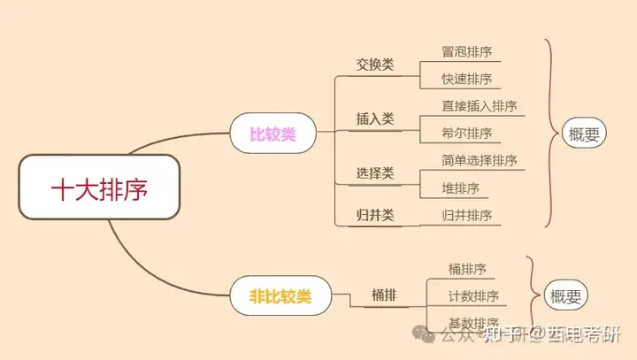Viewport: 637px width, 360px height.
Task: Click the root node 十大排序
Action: tap(99, 188)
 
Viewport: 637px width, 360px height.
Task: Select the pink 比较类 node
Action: tap(272, 134)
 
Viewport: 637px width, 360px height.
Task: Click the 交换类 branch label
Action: tap(375, 65)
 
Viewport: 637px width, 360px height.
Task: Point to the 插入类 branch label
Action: tap(375, 119)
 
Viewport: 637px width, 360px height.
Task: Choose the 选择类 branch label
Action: tap(375, 173)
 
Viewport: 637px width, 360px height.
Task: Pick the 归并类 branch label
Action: tap(375, 215)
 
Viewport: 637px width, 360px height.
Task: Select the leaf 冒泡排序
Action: tap(466, 51)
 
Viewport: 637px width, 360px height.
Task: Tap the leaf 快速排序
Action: tap(466, 79)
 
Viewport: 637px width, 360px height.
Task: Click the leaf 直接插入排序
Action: tap(479, 106)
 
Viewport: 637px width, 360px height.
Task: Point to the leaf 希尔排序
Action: tap(466, 134)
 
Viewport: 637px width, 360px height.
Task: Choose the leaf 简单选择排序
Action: tap(479, 160)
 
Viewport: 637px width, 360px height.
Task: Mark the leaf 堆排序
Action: tap(460, 188)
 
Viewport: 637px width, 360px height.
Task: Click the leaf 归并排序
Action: tap(466, 215)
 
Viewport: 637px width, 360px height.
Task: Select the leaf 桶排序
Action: tap(467, 269)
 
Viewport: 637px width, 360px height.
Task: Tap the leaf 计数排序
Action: tap(473, 295)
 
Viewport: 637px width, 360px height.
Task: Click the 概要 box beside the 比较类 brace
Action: tap(584, 134)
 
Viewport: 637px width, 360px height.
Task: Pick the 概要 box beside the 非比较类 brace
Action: tap(565, 296)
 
